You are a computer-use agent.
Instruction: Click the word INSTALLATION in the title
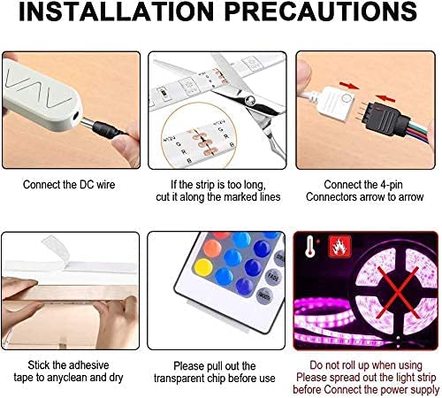click(x=117, y=11)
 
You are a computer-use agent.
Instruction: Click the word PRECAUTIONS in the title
click(x=321, y=11)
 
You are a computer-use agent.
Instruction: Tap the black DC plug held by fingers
click(x=107, y=130)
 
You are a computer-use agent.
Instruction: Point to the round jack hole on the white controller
click(x=76, y=117)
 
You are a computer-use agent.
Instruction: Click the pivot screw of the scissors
click(x=250, y=100)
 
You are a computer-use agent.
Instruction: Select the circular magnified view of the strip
click(x=199, y=136)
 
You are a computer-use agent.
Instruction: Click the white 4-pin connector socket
click(x=339, y=103)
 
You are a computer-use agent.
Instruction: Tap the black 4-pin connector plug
click(x=383, y=118)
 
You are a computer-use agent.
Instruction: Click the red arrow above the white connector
click(x=349, y=86)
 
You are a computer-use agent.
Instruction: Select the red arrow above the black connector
click(x=385, y=98)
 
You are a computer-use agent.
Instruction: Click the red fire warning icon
click(x=339, y=247)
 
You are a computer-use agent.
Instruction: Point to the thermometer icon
click(x=309, y=246)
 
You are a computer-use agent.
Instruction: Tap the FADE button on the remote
click(x=273, y=277)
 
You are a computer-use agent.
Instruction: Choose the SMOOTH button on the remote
click(x=263, y=295)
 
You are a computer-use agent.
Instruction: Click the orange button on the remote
click(x=212, y=249)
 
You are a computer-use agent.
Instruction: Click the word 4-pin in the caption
click(x=392, y=185)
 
